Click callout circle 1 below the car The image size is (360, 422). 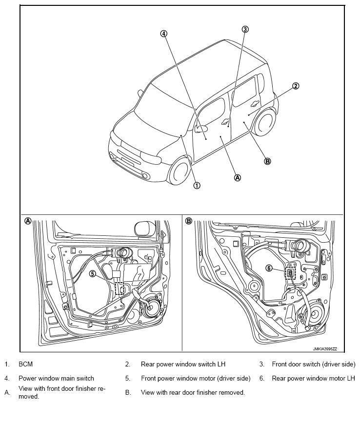(x=197, y=185)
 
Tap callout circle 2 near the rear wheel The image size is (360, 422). (x=295, y=86)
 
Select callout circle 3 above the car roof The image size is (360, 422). (x=245, y=29)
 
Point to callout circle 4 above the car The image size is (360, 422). (x=163, y=34)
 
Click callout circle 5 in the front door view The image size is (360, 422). (x=93, y=274)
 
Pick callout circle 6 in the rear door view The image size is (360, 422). (x=268, y=268)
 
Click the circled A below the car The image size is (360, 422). (x=238, y=177)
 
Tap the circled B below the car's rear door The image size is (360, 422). (x=267, y=161)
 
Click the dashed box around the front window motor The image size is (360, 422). (x=120, y=289)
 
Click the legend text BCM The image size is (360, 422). (x=25, y=364)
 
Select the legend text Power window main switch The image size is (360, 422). (x=56, y=378)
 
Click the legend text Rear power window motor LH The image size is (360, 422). (x=313, y=378)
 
